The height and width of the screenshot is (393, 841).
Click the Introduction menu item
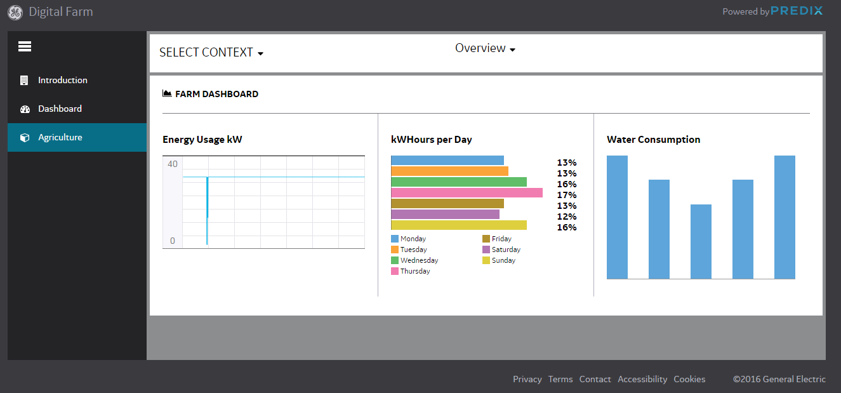pyautogui.click(x=62, y=80)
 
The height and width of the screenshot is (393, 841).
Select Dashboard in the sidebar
pyautogui.click(x=60, y=109)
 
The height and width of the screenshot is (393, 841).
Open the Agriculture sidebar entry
pyautogui.click(x=60, y=137)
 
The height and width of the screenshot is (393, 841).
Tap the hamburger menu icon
pyautogui.click(x=25, y=46)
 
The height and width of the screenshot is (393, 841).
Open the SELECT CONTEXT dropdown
pyautogui.click(x=211, y=53)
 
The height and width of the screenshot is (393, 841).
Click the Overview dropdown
pyautogui.click(x=485, y=48)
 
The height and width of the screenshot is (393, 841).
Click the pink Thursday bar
pyautogui.click(x=467, y=192)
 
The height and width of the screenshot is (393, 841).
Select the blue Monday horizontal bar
pyautogui.click(x=447, y=160)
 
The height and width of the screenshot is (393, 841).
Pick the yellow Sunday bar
pyautogui.click(x=459, y=225)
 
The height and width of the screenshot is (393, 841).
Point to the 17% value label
pyautogui.click(x=566, y=195)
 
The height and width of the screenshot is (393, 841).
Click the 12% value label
pyautogui.click(x=566, y=216)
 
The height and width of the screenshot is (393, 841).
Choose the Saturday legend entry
pyautogui.click(x=501, y=250)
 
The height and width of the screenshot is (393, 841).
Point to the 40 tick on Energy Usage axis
pyautogui.click(x=173, y=164)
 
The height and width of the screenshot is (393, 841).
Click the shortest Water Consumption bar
pyautogui.click(x=701, y=241)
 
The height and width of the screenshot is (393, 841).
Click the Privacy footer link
pyautogui.click(x=527, y=379)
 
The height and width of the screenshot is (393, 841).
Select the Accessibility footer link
pyautogui.click(x=642, y=379)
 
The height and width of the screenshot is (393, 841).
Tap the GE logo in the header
pyautogui.click(x=15, y=12)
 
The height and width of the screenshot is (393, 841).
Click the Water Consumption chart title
pyautogui.click(x=653, y=140)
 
